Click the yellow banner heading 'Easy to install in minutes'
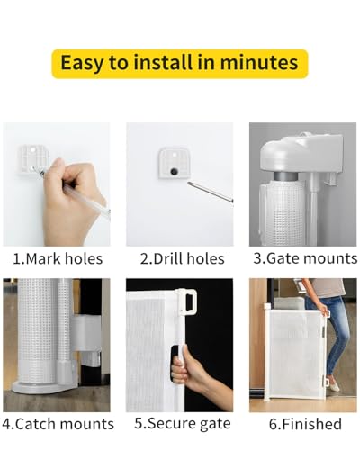[180, 63]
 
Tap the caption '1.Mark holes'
[57, 258]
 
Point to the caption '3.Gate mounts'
[304, 258]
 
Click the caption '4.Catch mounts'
[58, 423]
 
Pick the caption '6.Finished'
[304, 423]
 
